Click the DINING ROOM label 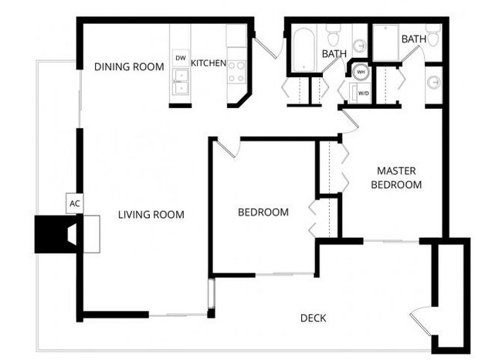129,66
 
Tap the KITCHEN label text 209,63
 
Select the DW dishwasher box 181,58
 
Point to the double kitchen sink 181,76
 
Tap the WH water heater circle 360,73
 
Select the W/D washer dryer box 361,93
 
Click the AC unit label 75,204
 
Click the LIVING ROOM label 151,215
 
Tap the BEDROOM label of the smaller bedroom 263,212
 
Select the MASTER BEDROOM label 396,178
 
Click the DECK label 312,318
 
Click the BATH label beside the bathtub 334,54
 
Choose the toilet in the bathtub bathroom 334,36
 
